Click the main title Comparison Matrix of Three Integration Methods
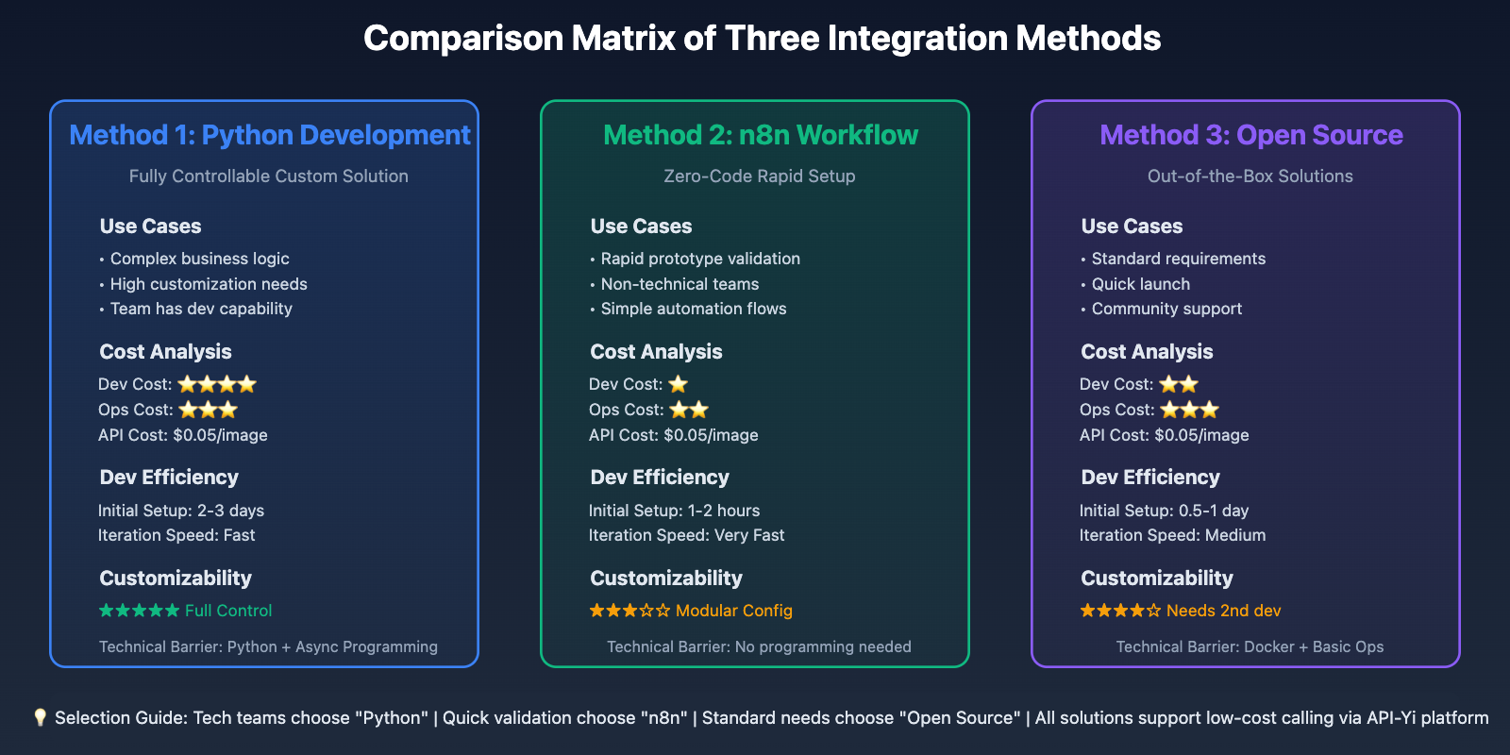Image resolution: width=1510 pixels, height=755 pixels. (x=762, y=39)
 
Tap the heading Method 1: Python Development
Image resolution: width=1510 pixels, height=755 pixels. (x=270, y=136)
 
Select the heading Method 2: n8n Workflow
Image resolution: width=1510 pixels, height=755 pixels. (x=761, y=136)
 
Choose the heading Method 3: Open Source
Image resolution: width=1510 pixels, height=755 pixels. (x=1251, y=136)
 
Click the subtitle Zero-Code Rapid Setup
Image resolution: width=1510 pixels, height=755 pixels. (x=759, y=176)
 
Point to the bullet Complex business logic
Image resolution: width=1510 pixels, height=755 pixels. (x=199, y=259)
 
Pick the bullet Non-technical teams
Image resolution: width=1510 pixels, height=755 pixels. (x=679, y=284)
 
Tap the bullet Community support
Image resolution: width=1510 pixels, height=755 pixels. (x=1166, y=309)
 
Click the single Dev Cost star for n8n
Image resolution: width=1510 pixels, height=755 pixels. (x=679, y=384)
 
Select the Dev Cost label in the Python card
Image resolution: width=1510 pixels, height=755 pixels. (x=135, y=384)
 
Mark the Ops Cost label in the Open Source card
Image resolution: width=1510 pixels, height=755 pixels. (x=1117, y=410)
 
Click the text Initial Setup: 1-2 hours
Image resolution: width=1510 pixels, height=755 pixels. (x=674, y=511)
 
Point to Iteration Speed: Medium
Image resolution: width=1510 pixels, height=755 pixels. (x=1172, y=535)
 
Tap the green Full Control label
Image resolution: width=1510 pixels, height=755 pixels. (x=227, y=611)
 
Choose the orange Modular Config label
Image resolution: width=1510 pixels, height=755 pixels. (x=733, y=611)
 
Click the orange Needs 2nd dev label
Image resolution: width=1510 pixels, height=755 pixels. (x=1223, y=611)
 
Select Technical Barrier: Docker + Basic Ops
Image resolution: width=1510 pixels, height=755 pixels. (x=1250, y=647)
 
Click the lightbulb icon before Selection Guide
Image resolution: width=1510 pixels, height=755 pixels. (x=40, y=718)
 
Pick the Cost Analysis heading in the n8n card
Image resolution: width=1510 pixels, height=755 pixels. (x=656, y=352)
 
